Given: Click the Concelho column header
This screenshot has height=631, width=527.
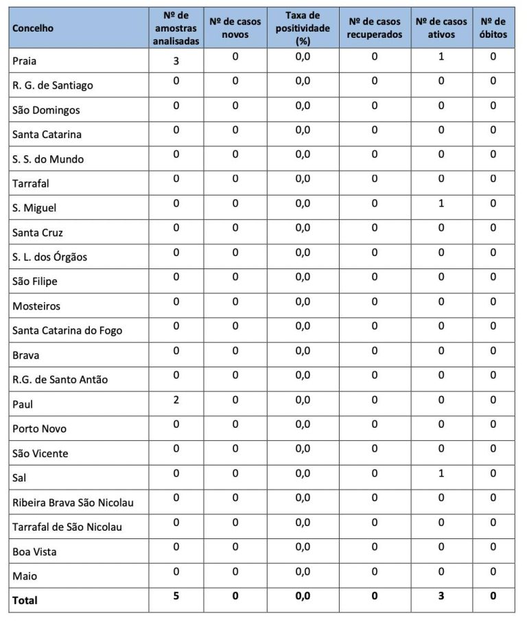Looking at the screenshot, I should point(33,28).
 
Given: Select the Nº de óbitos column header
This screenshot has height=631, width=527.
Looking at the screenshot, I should point(493,28).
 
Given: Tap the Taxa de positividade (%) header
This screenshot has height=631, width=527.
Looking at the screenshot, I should point(303,28).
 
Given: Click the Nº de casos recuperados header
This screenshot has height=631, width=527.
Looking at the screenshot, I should point(375,28).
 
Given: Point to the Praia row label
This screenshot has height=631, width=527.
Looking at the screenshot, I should point(25,61).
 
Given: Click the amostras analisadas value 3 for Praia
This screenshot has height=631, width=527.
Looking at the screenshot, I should point(176,61).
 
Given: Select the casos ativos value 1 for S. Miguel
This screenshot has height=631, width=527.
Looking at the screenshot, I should point(441,203).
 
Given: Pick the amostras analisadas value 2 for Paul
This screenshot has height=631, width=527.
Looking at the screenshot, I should point(176,400).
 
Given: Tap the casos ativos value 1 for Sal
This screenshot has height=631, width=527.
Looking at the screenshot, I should point(441,473).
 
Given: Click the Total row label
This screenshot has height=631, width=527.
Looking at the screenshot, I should point(25,600).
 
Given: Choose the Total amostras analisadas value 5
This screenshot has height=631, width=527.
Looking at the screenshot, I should point(176,596).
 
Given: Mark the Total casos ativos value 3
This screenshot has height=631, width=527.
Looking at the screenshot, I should point(441,596).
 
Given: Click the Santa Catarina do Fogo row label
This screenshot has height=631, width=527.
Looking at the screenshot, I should point(67,330).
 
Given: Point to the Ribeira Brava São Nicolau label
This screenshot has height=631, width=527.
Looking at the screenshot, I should point(73,502).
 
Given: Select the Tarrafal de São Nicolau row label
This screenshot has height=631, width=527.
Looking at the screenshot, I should point(67,527).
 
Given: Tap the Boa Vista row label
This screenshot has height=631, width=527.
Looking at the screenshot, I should point(34,551).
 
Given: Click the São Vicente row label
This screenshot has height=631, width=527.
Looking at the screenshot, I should point(40,453).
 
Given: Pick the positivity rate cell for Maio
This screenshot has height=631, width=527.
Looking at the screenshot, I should point(303,571).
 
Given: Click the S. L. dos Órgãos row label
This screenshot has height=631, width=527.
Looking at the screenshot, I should point(49,257).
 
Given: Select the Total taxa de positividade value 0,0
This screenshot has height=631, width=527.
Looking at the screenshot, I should point(303,596).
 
